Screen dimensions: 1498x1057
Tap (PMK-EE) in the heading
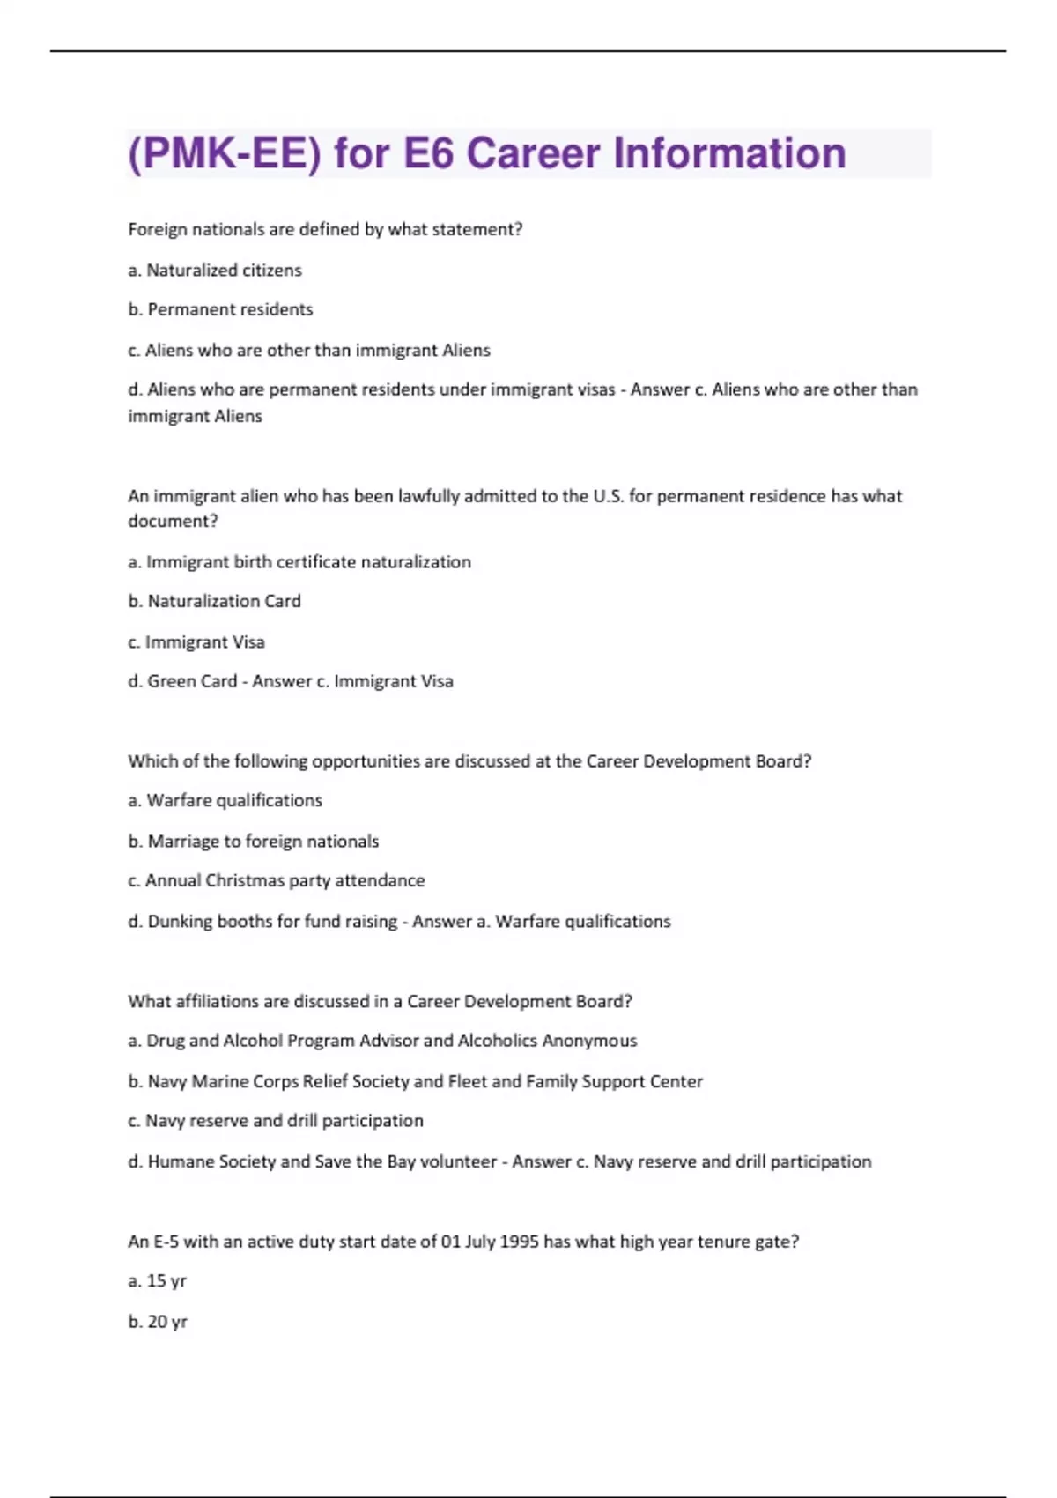224,153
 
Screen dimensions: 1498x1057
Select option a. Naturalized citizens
215,271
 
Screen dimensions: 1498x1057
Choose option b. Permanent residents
220,309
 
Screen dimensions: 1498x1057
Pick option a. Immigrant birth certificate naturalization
299,562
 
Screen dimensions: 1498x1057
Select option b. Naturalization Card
214,601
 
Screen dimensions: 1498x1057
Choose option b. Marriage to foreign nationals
254,842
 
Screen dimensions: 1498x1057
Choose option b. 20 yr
158,1322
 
